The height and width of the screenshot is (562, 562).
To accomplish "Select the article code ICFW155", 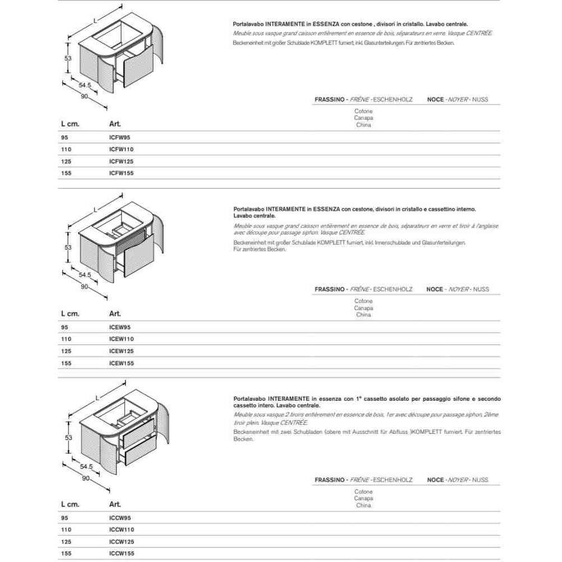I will [121, 173].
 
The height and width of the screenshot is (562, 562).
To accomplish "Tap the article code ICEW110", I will [121, 339].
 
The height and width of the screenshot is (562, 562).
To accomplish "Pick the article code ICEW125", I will [121, 351].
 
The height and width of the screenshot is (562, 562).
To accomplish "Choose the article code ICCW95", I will [120, 518].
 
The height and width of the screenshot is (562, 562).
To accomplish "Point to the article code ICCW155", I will [121, 554].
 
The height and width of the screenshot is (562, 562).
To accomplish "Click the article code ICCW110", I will [121, 529].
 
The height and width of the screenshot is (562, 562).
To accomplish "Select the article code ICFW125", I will [121, 161].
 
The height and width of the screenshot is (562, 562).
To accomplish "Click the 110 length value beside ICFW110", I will [66, 149].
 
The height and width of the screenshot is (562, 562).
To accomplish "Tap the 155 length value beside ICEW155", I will [66, 363].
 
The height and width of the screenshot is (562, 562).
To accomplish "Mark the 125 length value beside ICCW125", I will [66, 542].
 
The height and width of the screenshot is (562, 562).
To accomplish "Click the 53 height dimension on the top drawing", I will [68, 58].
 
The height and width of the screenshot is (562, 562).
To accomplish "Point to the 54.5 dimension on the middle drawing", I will [85, 275].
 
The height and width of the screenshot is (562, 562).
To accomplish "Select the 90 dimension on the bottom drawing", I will [86, 478].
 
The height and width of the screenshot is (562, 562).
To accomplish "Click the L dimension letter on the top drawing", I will [94, 20].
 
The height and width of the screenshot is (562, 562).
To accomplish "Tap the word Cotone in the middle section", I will [364, 301].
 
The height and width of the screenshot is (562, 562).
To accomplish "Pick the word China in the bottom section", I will [364, 505].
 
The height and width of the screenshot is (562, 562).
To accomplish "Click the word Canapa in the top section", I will [364, 118].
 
